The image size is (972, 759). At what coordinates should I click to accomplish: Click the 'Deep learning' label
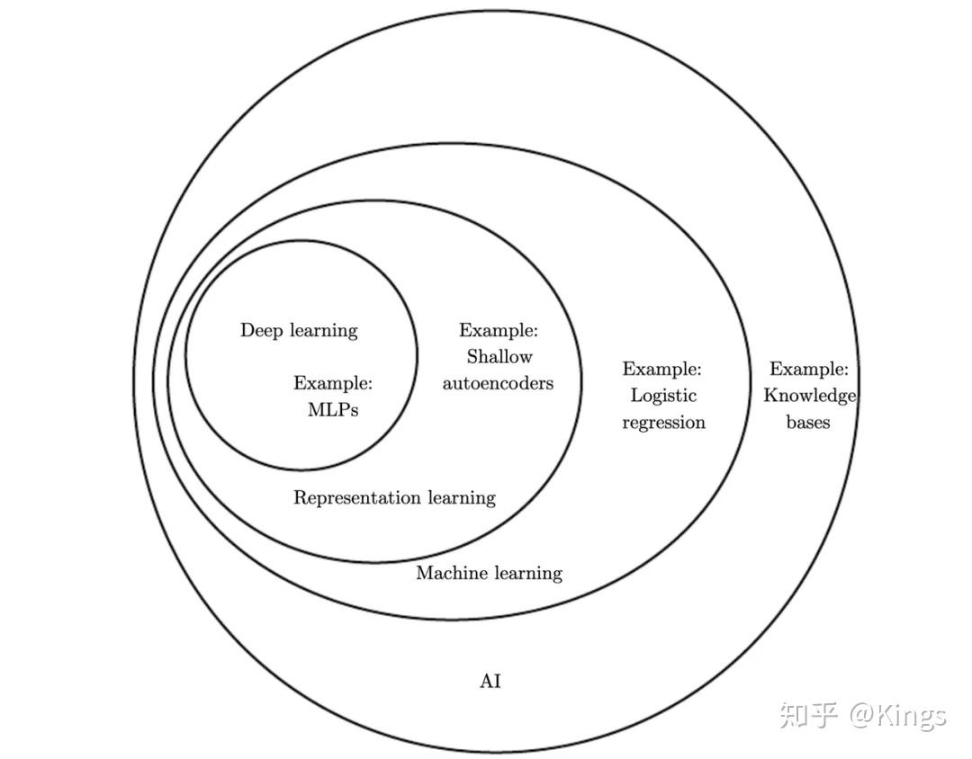[x=299, y=331]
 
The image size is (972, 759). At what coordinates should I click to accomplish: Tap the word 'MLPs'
[x=333, y=410]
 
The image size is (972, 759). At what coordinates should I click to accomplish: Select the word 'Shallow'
[x=499, y=357]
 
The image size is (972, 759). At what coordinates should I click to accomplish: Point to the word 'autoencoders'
[x=498, y=384]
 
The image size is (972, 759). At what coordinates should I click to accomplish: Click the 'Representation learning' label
[x=394, y=498]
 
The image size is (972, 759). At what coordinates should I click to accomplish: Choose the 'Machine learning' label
[x=489, y=574]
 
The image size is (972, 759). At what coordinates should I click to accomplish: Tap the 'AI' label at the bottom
[x=490, y=682]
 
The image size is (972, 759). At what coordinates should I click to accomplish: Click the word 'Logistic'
[x=663, y=396]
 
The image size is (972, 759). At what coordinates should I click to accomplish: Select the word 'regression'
[x=663, y=423]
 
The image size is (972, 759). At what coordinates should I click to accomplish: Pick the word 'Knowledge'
[x=809, y=396]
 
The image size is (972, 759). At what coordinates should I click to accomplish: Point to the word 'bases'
[x=808, y=423]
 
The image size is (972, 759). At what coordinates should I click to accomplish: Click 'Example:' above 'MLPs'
[x=333, y=384]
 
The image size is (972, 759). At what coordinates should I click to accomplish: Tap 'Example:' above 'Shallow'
[x=499, y=330]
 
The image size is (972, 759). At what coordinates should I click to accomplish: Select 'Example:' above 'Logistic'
[x=662, y=369]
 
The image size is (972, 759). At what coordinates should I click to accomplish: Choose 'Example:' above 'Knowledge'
[x=809, y=369]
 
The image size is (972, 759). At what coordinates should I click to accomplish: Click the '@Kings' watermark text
[x=898, y=716]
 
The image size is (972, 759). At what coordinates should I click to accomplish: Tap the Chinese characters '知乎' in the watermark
[x=809, y=715]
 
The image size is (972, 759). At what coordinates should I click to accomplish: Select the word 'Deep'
[x=260, y=331]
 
